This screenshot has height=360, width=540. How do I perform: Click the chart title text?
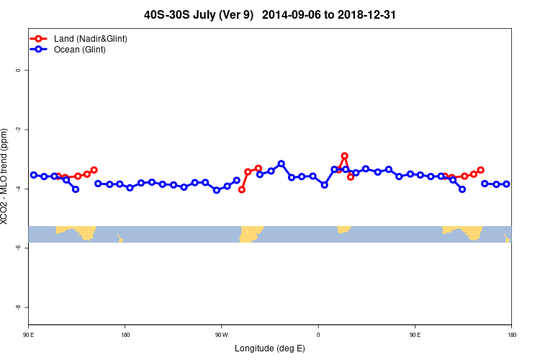pos(270,14)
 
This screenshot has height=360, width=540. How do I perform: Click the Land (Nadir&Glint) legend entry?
pos(91,38)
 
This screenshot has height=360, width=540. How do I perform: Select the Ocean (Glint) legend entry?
pos(80,49)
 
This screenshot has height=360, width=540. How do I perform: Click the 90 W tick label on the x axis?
pos(221,335)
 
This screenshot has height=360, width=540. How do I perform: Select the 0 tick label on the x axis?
pos(318,335)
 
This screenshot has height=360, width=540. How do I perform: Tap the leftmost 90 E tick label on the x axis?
pos(29,335)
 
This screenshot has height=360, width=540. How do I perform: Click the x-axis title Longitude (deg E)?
pos(270,348)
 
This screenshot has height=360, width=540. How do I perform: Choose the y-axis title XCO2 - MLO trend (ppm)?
pos(6,176)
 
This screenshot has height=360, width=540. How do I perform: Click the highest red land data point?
pos(345,156)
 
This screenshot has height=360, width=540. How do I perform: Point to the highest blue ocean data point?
pos(281,163)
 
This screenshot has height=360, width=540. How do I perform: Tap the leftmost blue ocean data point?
pos(34,175)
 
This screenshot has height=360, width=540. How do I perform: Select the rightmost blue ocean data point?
pos(506,184)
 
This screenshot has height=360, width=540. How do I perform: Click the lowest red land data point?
pos(242,189)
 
